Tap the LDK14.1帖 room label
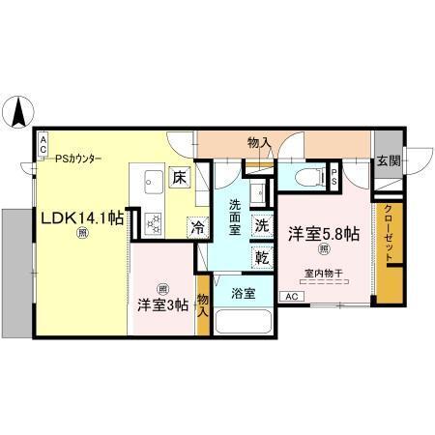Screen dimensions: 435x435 click(x=81, y=218)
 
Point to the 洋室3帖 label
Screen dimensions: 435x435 click(x=161, y=305)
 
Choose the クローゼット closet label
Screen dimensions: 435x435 click(x=388, y=236)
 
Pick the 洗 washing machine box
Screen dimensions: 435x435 click(x=262, y=225)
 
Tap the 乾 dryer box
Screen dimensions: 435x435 click(x=262, y=257)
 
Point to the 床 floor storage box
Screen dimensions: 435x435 click(x=180, y=177)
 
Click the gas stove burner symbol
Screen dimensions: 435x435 click(x=154, y=222)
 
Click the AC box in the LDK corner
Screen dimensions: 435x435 click(x=43, y=144)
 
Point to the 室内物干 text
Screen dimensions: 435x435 click(x=324, y=272)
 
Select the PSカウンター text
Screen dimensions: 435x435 click(x=78, y=159)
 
